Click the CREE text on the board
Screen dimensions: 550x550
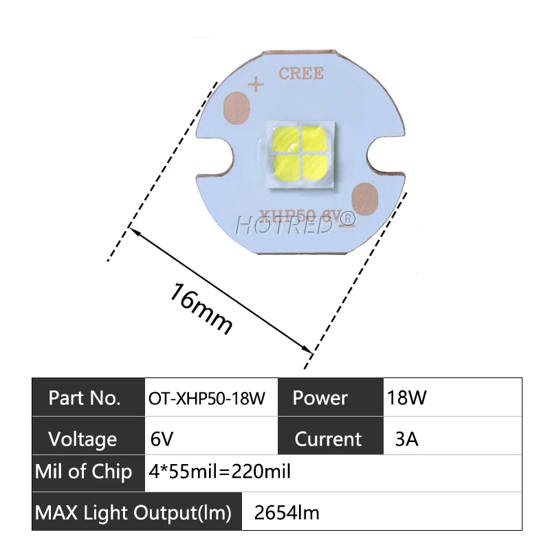tap(301, 74)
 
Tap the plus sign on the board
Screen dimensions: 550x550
tap(256, 85)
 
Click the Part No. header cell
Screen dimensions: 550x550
tap(88, 397)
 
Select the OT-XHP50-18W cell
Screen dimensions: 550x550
tap(208, 398)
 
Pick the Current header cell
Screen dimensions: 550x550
tap(329, 439)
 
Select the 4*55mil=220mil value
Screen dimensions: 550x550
tap(220, 472)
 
